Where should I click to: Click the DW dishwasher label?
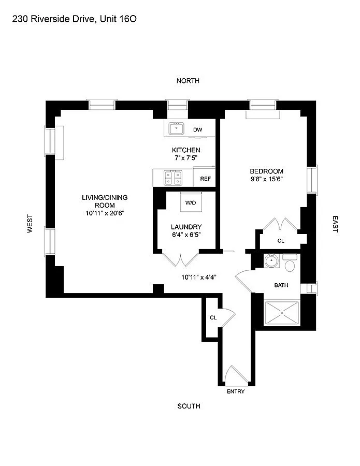coord(197,129)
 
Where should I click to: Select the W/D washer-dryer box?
coord(191,202)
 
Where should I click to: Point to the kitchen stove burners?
coord(172,178)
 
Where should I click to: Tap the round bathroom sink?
coord(271,261)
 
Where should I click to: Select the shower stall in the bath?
coord(282,312)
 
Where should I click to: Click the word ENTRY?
coord(236,391)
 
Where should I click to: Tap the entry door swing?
coord(232,375)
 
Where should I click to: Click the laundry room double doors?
coord(180,259)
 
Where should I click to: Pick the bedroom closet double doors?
coord(280,224)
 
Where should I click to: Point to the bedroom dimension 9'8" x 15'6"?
coord(267,179)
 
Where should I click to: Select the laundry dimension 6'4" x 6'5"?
coord(186,235)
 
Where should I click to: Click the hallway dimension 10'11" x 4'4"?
coord(198,277)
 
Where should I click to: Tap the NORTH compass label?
coord(188,81)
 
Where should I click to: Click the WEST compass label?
coord(30,224)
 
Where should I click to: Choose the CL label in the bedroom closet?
coord(281,241)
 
